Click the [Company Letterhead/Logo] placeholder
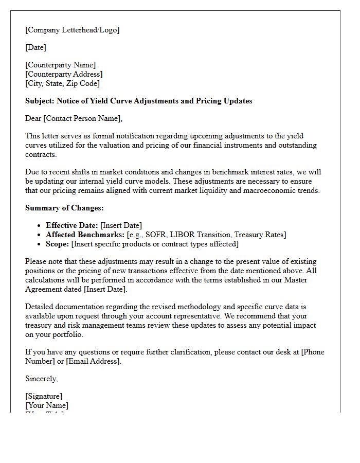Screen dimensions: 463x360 pyautogui.click(x=72, y=30)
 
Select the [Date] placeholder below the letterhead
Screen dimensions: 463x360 pyautogui.click(x=35, y=47)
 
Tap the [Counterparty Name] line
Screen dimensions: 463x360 pyautogui.click(x=60, y=65)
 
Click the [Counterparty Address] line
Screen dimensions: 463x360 pyautogui.click(x=64, y=74)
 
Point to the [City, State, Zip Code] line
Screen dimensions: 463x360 pyautogui.click(x=62, y=83)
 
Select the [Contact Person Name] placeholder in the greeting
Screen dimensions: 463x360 pyautogui.click(x=83, y=118)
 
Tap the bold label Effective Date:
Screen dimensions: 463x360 pyautogui.click(x=72, y=225)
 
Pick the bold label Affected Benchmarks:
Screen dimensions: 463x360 pyautogui.click(x=85, y=235)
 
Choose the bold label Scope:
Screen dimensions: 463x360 pyautogui.click(x=58, y=244)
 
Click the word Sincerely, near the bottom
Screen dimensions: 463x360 pyautogui.click(x=42, y=379)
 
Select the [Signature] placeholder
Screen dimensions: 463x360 pyautogui.click(x=44, y=396)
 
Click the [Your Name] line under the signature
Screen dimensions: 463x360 pyautogui.click(x=46, y=405)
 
